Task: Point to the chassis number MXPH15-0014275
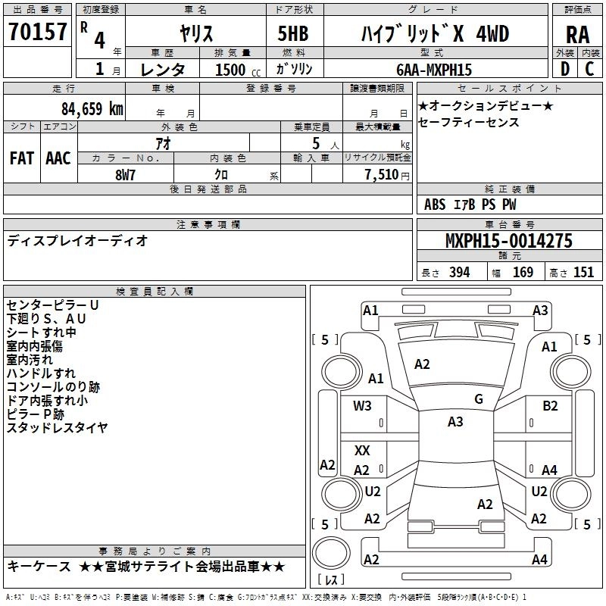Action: [508, 242]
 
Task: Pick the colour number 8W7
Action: [126, 174]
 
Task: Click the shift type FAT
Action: [22, 158]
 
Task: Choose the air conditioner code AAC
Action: [58, 158]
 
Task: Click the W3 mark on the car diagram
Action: [362, 405]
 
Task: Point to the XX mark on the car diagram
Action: [362, 451]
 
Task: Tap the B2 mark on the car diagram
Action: [550, 405]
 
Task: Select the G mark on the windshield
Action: [479, 398]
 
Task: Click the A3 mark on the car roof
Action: [455, 422]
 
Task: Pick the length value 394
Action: [459, 273]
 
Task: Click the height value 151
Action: [583, 273]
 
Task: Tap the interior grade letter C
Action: [589, 70]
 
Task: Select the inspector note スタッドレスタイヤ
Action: [57, 428]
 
